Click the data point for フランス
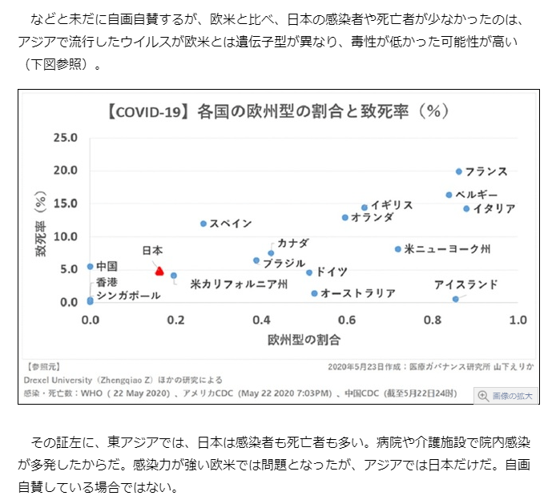pos(459,171)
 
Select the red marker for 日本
pos(159,272)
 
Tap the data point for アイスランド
pos(455,299)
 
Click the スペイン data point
pos(203,224)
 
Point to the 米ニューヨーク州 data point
pos(398,249)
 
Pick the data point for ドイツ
pos(309,272)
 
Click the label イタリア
pos(494,208)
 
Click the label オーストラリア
pos(358,293)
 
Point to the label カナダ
pos(292,243)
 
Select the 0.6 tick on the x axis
pos(345,320)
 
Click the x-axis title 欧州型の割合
pos(304,340)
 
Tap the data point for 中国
pos(90,267)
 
